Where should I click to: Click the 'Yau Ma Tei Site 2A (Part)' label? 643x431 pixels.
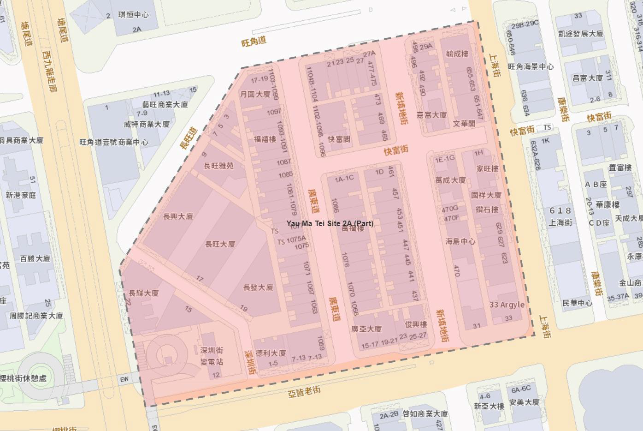tap(330, 223)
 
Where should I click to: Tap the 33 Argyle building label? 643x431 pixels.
tap(507, 305)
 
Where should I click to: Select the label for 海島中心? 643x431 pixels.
tap(460, 241)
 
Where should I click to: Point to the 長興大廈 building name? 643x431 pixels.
tap(178, 216)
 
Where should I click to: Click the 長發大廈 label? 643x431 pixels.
tap(258, 287)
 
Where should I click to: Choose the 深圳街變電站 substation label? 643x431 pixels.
tap(212, 356)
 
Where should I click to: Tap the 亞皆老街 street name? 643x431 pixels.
tap(304, 392)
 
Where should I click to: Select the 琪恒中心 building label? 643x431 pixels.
tap(133, 14)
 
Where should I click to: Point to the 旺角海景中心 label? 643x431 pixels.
tap(531, 66)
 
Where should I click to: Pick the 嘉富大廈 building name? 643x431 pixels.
tap(431, 115)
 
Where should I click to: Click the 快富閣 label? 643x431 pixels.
tap(339, 139)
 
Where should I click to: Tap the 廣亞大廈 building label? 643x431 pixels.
tap(366, 329)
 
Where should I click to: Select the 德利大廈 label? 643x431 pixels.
tap(271, 353)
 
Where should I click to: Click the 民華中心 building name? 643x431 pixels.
tap(577, 303)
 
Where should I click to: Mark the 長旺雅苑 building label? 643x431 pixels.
tap(218, 165)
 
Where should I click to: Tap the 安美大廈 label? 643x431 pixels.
tap(524, 402)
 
